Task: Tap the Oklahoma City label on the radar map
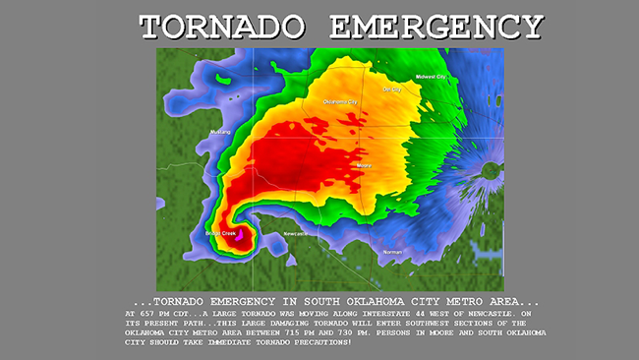tap(340, 101)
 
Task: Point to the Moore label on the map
tap(363, 165)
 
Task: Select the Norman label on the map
tap(392, 252)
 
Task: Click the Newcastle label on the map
tap(295, 233)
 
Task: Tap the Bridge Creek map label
tap(221, 233)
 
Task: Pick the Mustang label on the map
tap(220, 131)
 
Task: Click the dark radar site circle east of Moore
tap(489, 170)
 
